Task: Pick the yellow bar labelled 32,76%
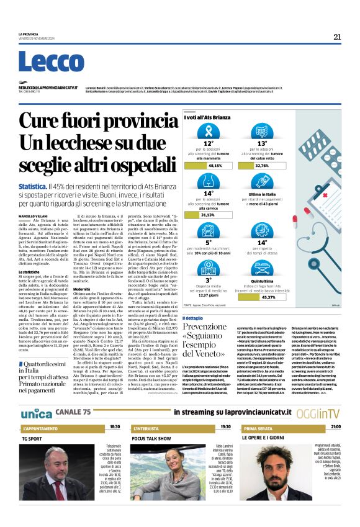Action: (x=279, y=166)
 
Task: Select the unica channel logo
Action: (x=36, y=413)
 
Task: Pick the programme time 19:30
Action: (x=225, y=428)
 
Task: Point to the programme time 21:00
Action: (x=336, y=428)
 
